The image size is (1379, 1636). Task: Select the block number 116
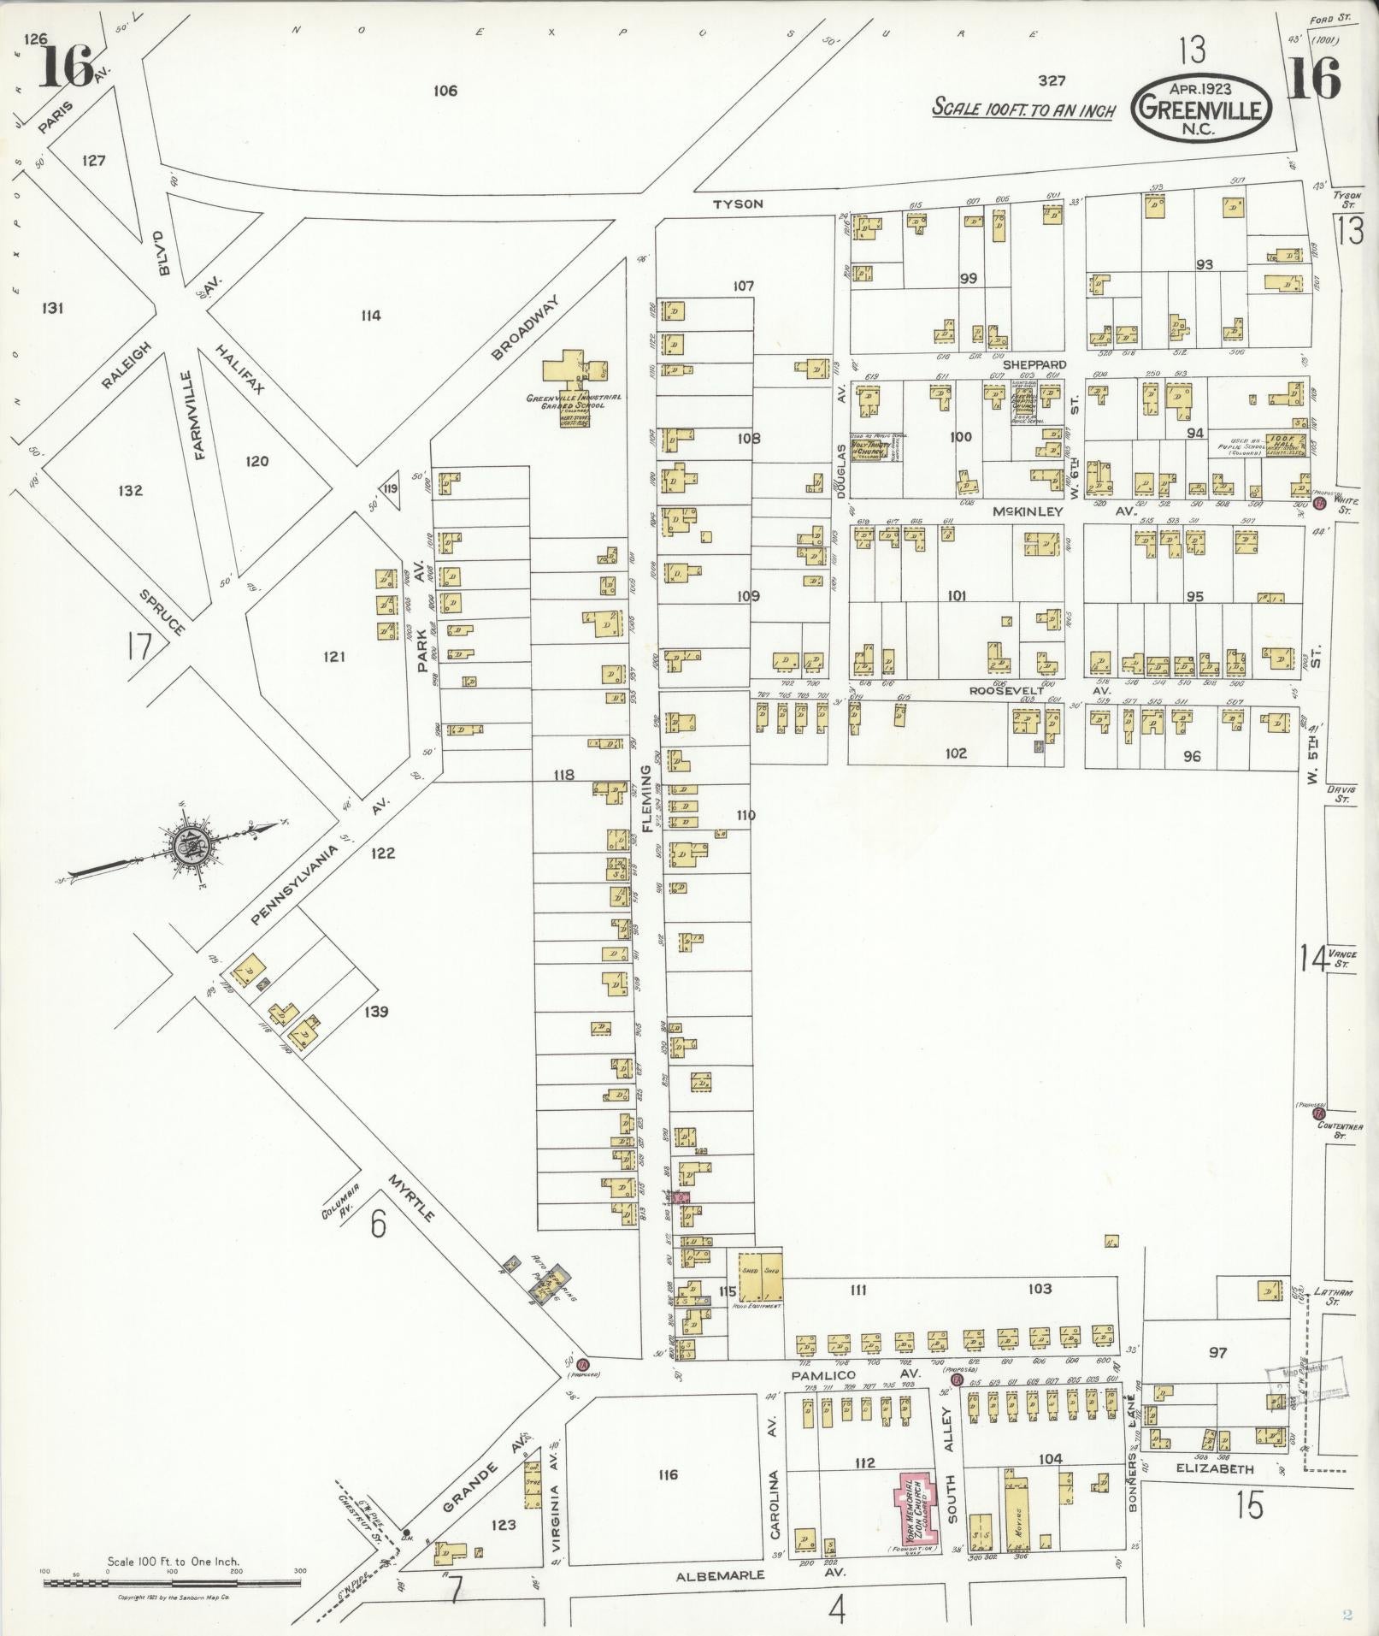[668, 1474]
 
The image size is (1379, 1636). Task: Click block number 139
[375, 1012]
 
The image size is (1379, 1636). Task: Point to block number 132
[131, 491]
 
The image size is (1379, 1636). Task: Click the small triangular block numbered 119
[391, 489]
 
